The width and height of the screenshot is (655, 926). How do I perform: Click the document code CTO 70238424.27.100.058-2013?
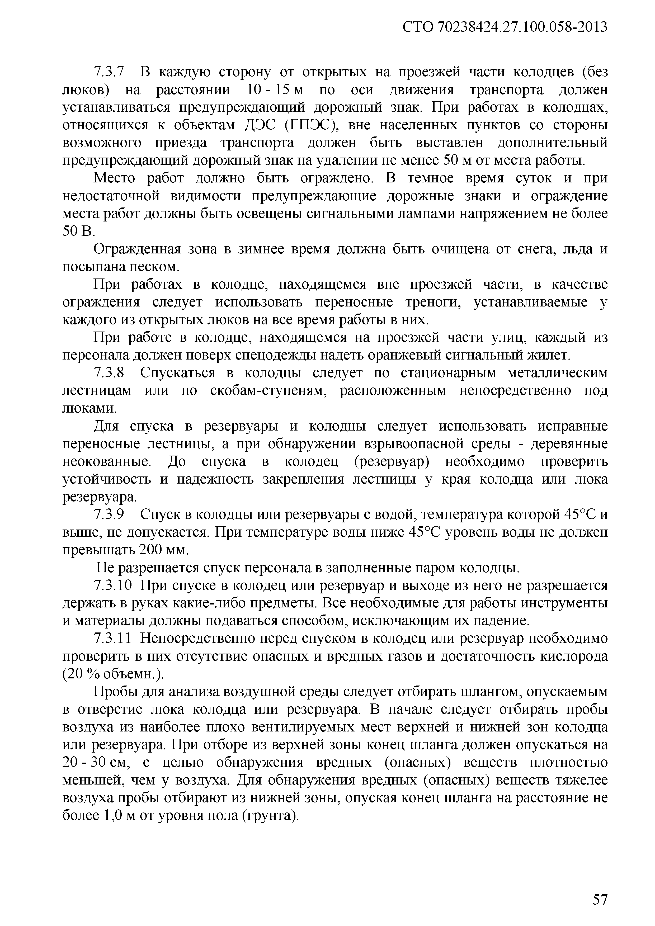pyautogui.click(x=505, y=27)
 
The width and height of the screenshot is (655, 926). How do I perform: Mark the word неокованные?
pyautogui.click(x=107, y=462)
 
